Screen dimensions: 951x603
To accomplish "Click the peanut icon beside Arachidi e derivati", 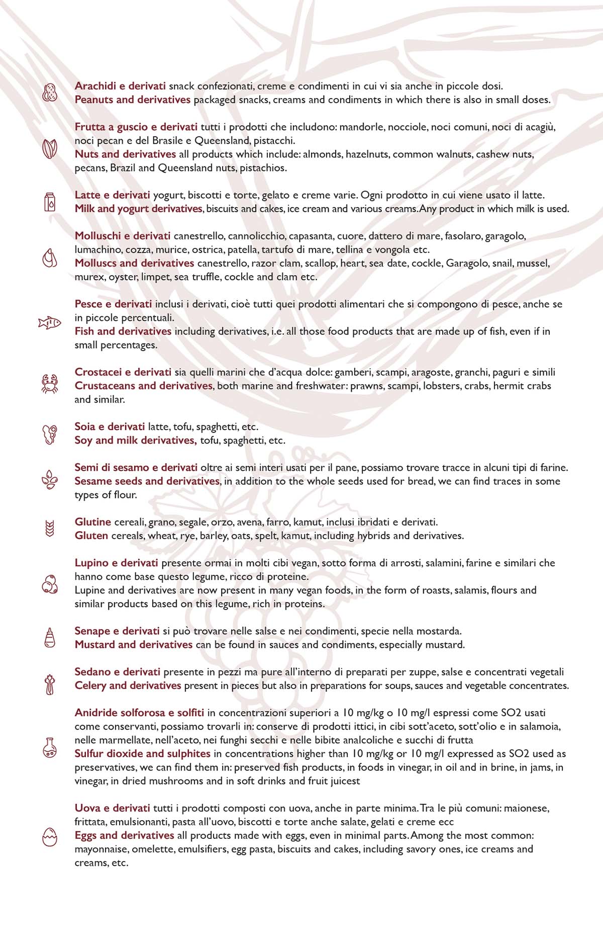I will coord(50,93).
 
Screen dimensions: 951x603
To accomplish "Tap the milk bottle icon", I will coord(50,202).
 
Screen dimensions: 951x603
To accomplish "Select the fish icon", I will coord(50,323).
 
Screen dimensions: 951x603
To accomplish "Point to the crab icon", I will coord(50,384).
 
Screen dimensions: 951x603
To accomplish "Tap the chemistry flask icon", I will coord(50,747).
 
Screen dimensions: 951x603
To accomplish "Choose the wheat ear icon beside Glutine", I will coord(50,529).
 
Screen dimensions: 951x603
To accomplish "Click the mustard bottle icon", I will coord(50,638).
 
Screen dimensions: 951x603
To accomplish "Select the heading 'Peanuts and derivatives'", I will coord(133,100).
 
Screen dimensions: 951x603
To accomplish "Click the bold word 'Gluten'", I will coord(91,536).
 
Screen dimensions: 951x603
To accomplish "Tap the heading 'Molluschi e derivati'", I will coord(123,236).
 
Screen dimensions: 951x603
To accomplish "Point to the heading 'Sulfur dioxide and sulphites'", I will coord(142,753).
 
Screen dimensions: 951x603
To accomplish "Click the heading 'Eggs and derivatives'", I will coord(124,835).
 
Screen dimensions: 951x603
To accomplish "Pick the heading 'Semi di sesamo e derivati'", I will coord(136,468).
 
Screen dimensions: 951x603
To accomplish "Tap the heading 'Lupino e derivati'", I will coord(116,563).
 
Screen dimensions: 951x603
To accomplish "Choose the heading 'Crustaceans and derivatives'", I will coord(143,386).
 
